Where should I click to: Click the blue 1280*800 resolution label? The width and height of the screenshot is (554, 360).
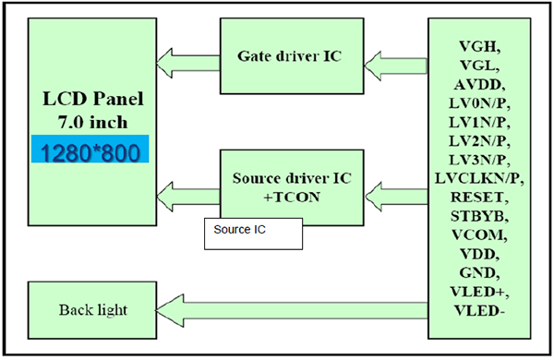click(x=90, y=151)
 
